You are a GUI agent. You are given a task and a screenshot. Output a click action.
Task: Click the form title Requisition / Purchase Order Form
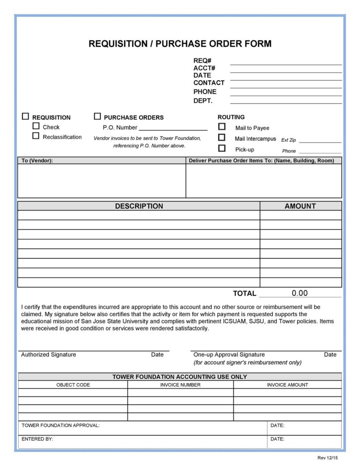click(180, 44)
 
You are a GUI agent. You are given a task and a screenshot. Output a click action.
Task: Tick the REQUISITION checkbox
click(25, 116)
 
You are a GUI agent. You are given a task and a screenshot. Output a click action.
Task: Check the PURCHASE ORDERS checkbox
click(97, 116)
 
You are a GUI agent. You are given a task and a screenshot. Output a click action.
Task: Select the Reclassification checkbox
click(36, 136)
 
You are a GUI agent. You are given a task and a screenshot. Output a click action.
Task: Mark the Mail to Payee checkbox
click(222, 127)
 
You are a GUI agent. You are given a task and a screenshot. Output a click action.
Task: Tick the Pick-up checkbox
click(222, 149)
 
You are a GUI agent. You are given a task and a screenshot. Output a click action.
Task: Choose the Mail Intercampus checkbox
click(222, 138)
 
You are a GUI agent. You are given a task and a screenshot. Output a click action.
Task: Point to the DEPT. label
click(203, 100)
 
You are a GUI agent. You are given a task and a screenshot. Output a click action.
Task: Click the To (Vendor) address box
click(102, 180)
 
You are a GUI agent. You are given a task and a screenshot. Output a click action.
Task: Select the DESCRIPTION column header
click(139, 206)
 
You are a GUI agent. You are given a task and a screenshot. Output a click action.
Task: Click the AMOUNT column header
click(300, 206)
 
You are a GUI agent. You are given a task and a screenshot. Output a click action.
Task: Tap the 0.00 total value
click(300, 293)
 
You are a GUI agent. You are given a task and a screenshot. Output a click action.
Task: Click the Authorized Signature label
click(48, 355)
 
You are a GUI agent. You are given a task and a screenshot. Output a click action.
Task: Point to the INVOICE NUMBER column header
click(180, 385)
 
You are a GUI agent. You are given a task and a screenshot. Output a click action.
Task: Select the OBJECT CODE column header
click(73, 385)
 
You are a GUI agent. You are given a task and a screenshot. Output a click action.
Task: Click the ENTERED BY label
click(37, 439)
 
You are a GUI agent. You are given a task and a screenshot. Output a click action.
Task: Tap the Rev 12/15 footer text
click(327, 458)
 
